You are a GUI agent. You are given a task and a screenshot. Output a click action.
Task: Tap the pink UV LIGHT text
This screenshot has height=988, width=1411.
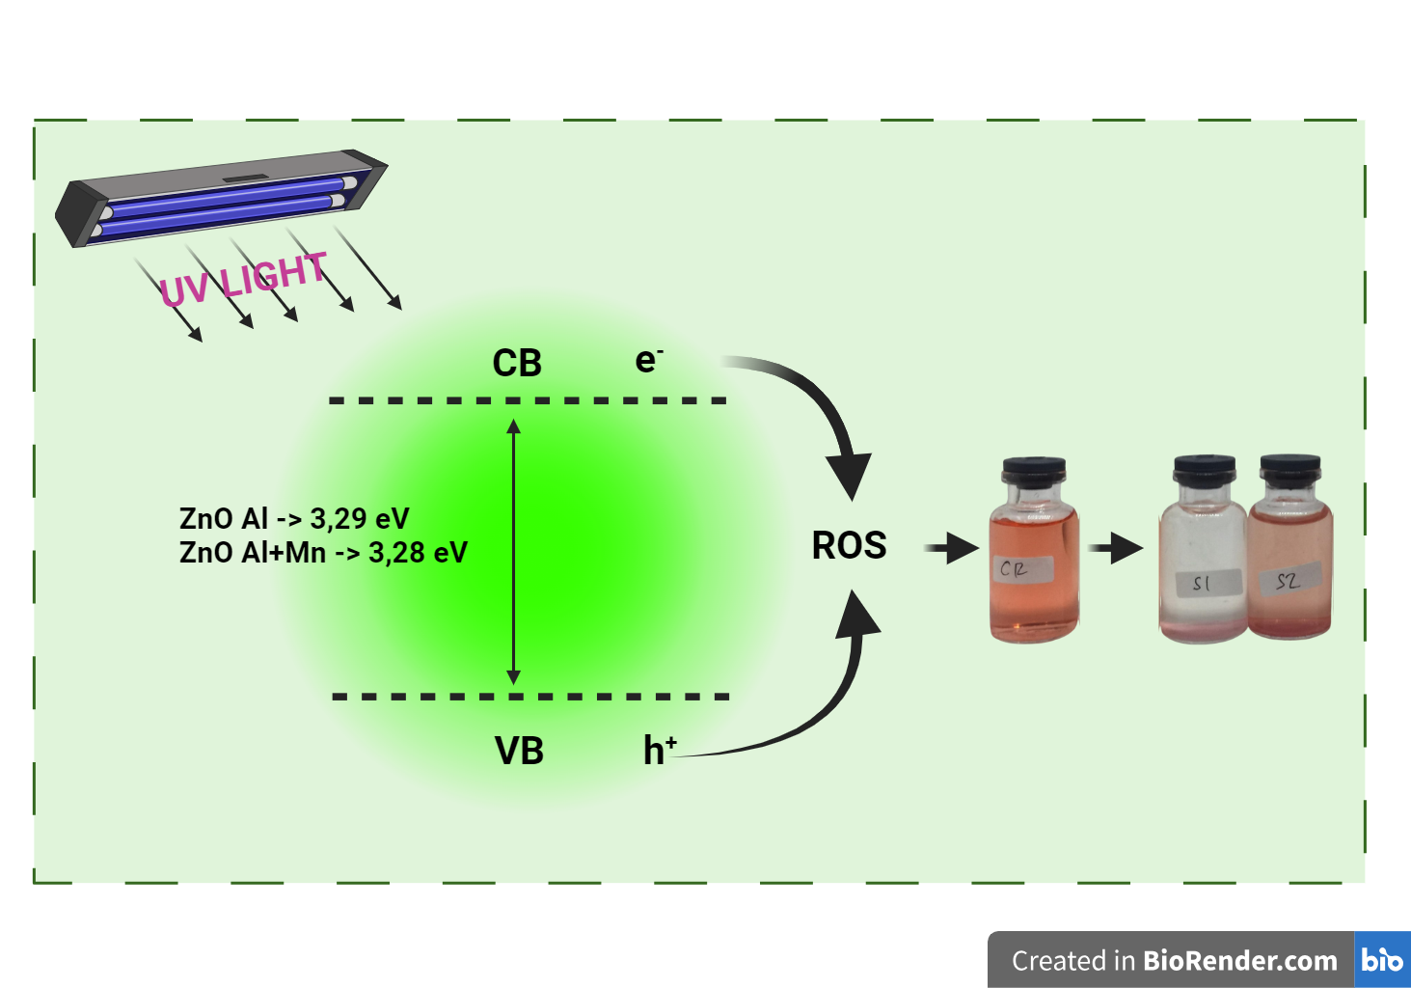pyautogui.click(x=243, y=279)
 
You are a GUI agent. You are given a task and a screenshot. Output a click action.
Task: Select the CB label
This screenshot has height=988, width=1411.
pyautogui.click(x=517, y=364)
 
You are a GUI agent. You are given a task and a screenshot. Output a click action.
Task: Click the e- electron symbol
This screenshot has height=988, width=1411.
pyautogui.click(x=648, y=360)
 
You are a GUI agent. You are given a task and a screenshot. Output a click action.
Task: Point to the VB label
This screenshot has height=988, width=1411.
pyautogui.click(x=519, y=751)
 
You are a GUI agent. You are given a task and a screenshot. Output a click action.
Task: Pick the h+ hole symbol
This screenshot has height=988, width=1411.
pyautogui.click(x=659, y=750)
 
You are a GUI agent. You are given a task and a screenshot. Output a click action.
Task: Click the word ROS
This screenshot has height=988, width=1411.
pyautogui.click(x=849, y=545)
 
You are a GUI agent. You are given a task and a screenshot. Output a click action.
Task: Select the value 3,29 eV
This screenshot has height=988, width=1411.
pyautogui.click(x=359, y=519)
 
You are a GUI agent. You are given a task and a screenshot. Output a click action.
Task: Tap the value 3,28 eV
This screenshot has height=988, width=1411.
pyautogui.click(x=418, y=553)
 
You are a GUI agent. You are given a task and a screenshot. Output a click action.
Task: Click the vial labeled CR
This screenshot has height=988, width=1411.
pyautogui.click(x=1034, y=569)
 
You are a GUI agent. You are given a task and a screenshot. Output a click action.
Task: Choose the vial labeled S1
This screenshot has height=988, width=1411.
pyautogui.click(x=1202, y=569)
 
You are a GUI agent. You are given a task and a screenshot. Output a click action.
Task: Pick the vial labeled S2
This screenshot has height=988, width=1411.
pyautogui.click(x=1290, y=569)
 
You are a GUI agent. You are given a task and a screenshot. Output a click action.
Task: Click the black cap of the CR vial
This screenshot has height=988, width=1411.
pyautogui.click(x=1034, y=471)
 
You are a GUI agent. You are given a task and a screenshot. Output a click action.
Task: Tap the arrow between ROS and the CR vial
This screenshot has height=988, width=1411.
pyautogui.click(x=953, y=548)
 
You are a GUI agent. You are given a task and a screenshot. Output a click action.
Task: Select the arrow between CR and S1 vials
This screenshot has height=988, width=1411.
pyautogui.click(x=1117, y=548)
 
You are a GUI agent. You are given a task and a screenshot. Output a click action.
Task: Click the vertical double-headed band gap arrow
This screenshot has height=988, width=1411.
pyautogui.click(x=514, y=550)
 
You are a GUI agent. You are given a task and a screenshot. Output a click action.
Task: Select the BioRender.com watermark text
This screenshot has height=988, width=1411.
pyautogui.click(x=1239, y=961)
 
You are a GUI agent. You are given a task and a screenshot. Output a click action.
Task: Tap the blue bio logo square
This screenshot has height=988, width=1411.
pyautogui.click(x=1382, y=960)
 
